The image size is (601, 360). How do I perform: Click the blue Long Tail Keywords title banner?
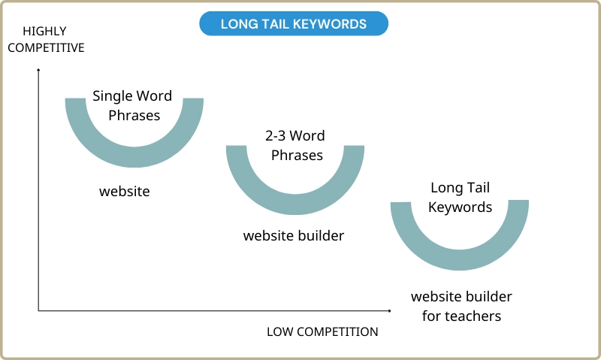coord(294,23)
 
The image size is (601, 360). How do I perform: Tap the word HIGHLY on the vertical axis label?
coord(44,31)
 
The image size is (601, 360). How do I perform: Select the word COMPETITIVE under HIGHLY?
coord(46,47)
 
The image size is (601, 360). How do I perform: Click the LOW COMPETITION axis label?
coord(322,331)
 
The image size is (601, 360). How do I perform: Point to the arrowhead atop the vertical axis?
coord(38,69)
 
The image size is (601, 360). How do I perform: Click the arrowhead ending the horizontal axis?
coord(389,310)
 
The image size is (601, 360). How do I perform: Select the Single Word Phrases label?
coord(133,105)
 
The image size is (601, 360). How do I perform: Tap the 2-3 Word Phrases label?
coord(295,145)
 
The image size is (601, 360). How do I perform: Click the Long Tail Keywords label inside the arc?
coord(460,197)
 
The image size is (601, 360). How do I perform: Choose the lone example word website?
coord(125,191)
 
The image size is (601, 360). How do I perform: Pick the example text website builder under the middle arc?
coord(294,235)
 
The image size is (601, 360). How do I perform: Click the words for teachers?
coord(461,316)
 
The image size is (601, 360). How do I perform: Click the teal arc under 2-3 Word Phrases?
coord(295,204)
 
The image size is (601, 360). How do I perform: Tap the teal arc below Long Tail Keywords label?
coord(460,260)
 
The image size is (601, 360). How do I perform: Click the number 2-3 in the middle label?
coord(275,136)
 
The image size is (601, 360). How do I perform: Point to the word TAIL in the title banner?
coord(274,24)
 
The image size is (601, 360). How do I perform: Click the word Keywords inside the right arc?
coord(460,207)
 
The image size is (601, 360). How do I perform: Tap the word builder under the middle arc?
coord(321,235)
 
